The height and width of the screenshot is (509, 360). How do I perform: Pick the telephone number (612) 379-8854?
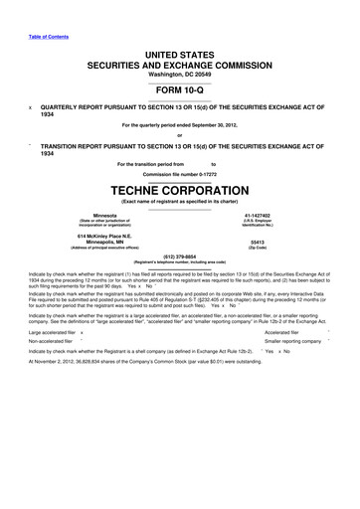coord(180,254)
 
